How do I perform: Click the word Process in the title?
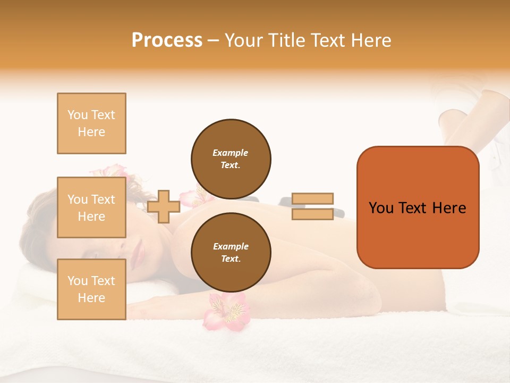(x=167, y=40)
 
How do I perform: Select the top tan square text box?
(x=91, y=123)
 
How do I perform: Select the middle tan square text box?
(x=91, y=207)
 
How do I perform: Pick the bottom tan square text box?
(x=91, y=289)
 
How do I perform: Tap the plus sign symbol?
(x=163, y=206)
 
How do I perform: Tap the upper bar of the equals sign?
(x=312, y=198)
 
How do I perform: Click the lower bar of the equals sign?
(x=312, y=214)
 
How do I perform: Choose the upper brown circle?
(x=231, y=159)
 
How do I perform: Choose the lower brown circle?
(x=231, y=252)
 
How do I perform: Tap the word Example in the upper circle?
(x=231, y=153)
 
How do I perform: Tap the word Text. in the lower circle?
(x=231, y=259)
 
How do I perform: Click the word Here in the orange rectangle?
(x=449, y=208)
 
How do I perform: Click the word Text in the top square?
(x=103, y=115)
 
